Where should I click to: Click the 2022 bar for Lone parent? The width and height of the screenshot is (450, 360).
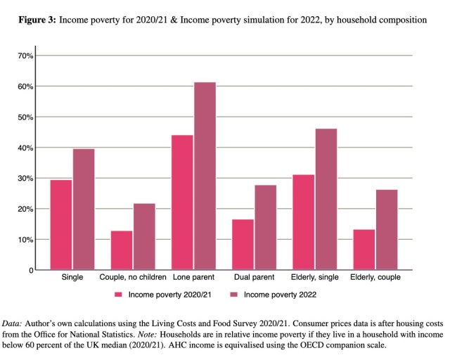pos(205,176)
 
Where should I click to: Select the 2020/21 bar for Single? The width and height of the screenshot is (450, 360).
pos(60,225)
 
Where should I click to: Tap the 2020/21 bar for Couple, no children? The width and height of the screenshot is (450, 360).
pos(121,250)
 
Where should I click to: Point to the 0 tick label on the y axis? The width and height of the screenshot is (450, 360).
pos(31,271)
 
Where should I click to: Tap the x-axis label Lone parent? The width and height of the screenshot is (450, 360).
pos(193,278)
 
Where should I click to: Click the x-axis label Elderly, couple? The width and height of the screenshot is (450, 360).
pos(374,278)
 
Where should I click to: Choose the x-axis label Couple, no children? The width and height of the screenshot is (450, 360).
pos(132,278)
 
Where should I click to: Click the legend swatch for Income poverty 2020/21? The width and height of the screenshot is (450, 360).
pos(119,293)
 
